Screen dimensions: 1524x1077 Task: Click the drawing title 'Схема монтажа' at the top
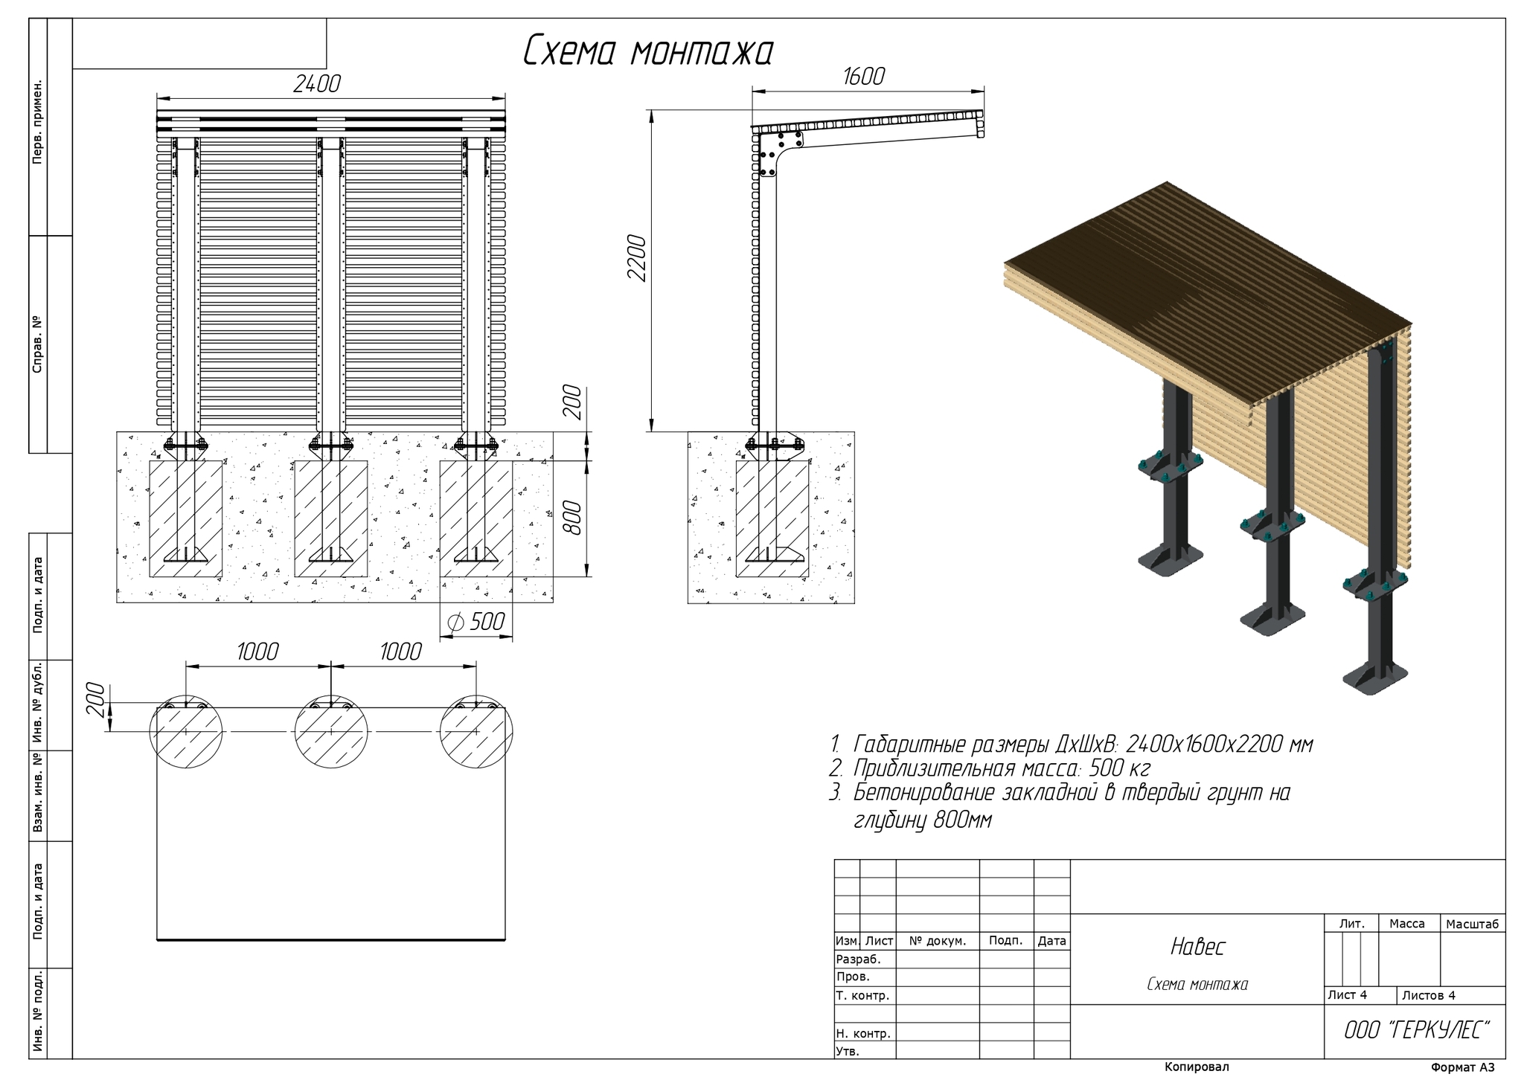point(647,51)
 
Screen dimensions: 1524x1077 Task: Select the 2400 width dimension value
point(316,84)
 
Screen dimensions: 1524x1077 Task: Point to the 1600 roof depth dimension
point(864,77)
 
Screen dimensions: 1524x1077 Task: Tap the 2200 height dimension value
point(638,257)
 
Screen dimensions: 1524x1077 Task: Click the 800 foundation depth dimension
point(571,518)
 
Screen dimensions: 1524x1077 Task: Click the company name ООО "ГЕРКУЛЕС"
point(1417,1030)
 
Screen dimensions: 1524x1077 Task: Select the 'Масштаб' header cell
point(1473,924)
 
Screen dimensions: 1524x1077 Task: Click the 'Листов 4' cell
point(1428,995)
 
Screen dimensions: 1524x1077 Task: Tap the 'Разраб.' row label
point(859,959)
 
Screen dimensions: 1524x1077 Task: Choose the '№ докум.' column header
point(938,941)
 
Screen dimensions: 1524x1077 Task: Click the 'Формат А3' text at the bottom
point(1462,1067)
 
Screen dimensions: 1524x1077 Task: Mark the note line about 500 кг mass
point(990,768)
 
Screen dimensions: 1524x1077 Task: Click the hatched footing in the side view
point(772,518)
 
